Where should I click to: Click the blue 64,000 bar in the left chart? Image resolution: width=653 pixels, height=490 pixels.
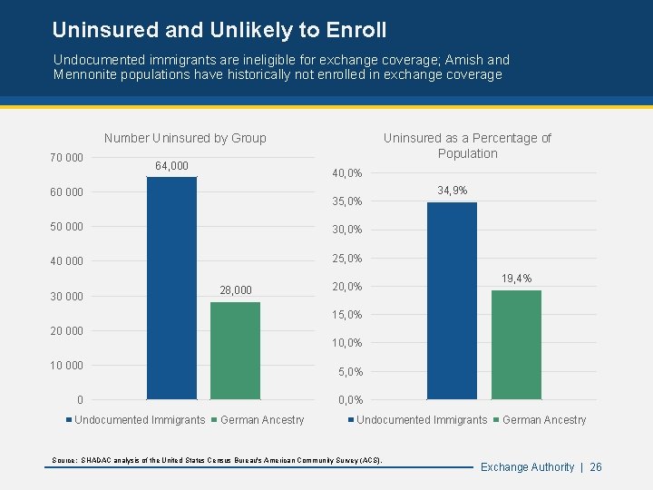(x=171, y=288)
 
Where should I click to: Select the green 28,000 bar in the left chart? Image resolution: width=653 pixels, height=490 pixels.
(x=235, y=350)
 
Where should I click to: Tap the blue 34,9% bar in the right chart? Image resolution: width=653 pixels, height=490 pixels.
(x=452, y=300)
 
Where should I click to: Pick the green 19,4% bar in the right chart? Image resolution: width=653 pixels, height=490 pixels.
(x=516, y=345)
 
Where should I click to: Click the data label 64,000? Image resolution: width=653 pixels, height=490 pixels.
(x=171, y=165)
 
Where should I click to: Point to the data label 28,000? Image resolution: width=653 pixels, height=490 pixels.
(x=236, y=290)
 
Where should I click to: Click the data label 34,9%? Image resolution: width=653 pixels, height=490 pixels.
(x=452, y=191)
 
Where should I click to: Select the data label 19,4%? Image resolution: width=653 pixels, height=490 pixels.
(x=516, y=279)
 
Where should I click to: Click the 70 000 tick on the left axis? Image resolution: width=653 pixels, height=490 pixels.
(x=66, y=158)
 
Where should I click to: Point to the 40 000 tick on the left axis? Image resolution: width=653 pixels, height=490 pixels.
(x=66, y=261)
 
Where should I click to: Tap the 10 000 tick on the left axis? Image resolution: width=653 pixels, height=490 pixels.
(x=66, y=366)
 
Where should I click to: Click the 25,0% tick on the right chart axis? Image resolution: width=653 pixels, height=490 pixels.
(x=347, y=259)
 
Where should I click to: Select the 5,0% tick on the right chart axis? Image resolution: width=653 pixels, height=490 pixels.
(x=350, y=372)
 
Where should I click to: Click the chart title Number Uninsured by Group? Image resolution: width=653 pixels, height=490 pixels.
(x=185, y=138)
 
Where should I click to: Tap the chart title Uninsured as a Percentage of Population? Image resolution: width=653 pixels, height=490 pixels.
(x=467, y=145)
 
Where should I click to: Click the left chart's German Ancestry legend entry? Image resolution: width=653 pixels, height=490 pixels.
(x=262, y=420)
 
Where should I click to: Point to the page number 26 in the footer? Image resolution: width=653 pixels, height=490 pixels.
(x=596, y=467)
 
